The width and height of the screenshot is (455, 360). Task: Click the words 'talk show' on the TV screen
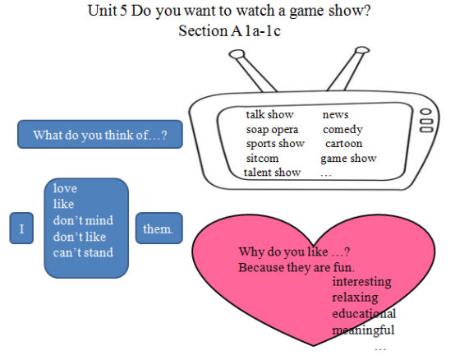(x=270, y=114)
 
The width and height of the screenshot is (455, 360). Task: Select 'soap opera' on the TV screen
(x=272, y=130)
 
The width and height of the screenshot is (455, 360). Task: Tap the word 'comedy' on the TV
(x=342, y=130)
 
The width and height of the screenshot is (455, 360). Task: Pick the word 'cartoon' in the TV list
(x=344, y=143)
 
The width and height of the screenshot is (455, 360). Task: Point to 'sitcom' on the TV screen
(x=262, y=159)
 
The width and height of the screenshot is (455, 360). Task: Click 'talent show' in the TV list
(x=272, y=173)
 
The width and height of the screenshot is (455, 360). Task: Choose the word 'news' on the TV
(x=335, y=115)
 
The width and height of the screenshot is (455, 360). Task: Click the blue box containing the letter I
(x=21, y=228)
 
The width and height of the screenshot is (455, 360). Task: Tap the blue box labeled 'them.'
(x=159, y=228)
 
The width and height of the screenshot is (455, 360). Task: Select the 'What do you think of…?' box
(x=100, y=135)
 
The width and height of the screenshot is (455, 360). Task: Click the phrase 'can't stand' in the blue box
(x=83, y=252)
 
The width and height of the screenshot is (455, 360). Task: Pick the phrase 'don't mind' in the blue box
(x=83, y=220)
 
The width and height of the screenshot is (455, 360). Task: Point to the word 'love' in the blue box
(x=65, y=188)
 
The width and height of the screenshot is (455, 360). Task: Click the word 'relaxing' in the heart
(x=355, y=298)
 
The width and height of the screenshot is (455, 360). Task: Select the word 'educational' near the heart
(x=364, y=313)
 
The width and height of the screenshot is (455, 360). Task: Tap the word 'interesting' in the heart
(x=361, y=282)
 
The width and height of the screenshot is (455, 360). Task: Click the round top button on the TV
(x=425, y=112)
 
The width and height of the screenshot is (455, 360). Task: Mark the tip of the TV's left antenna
(x=237, y=54)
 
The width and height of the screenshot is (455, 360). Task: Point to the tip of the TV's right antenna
(x=362, y=50)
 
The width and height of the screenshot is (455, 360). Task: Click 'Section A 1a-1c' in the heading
(x=229, y=30)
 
